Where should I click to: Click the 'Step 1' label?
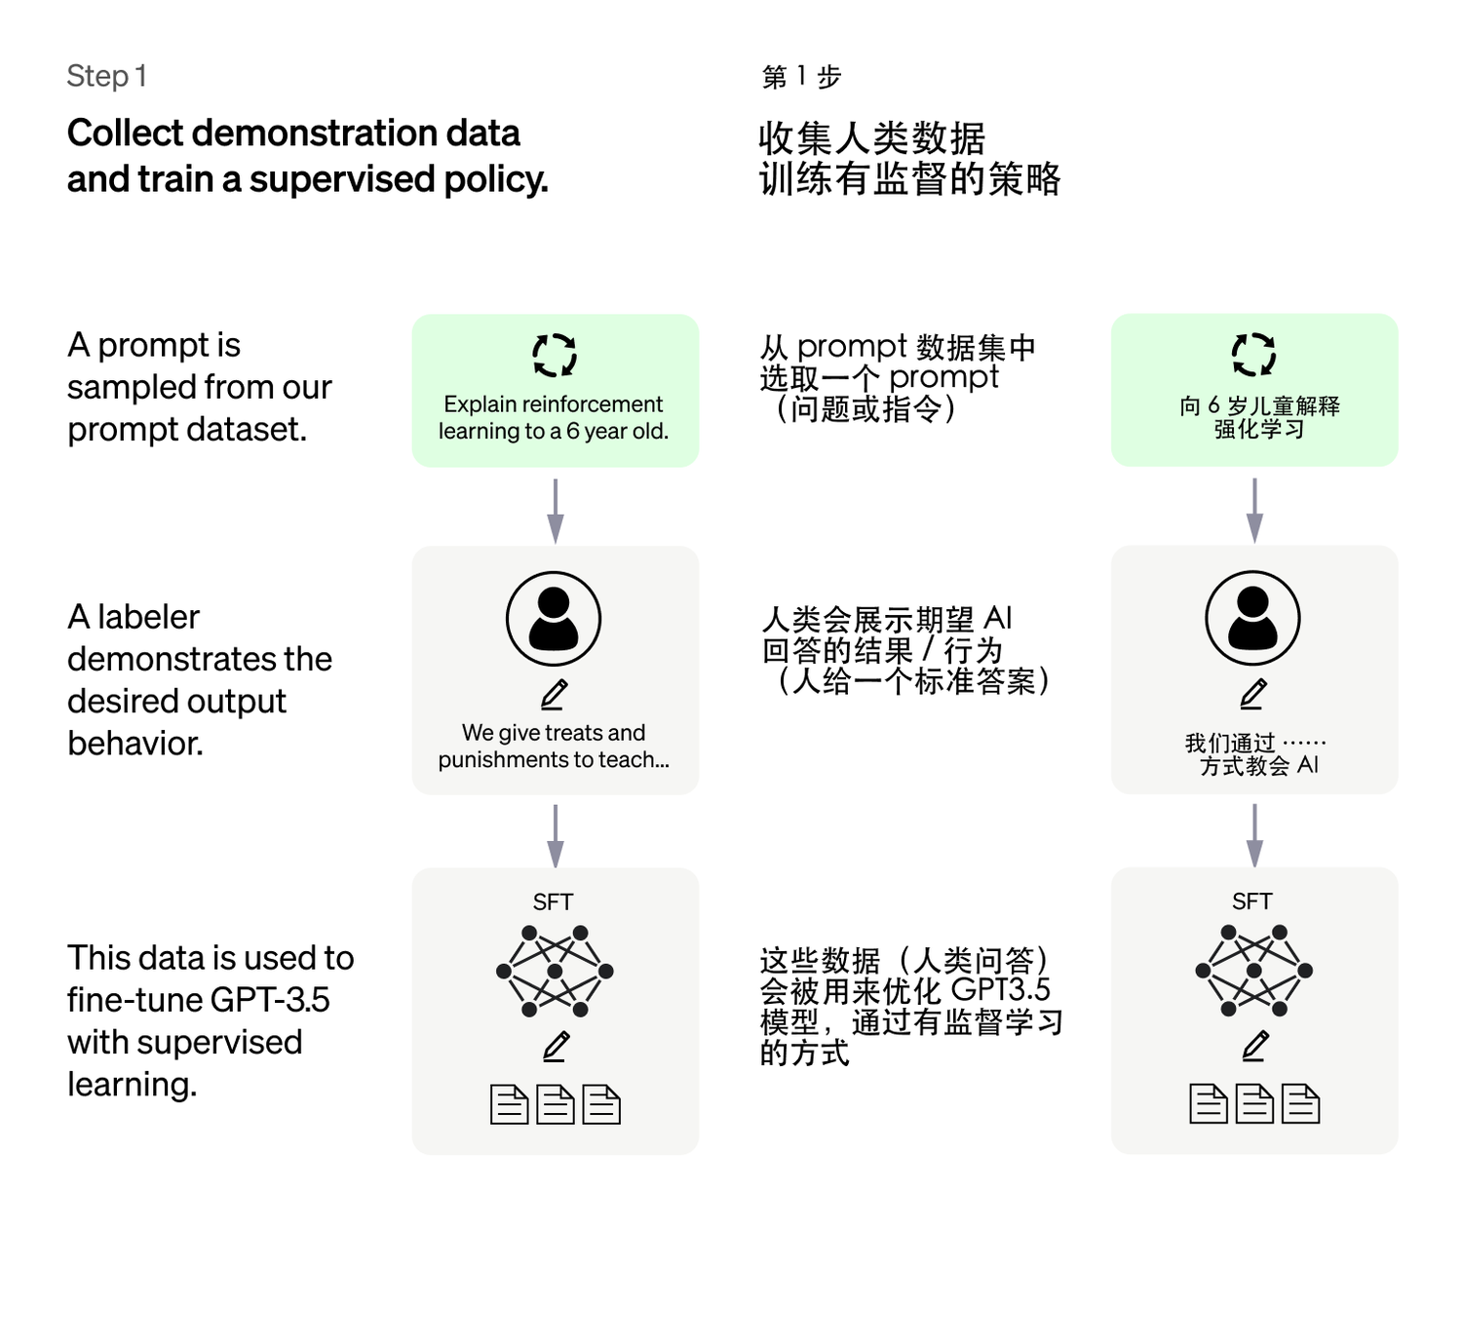tap(106, 76)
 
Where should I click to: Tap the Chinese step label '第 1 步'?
tap(801, 77)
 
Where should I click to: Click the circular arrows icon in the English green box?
tap(555, 355)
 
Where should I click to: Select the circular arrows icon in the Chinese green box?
tap(1253, 354)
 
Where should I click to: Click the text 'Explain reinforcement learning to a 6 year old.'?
tap(554, 417)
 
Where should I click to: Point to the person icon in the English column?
tap(554, 619)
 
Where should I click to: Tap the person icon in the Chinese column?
tap(1252, 618)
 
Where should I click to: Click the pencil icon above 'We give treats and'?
tap(555, 694)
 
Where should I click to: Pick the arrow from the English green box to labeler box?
tap(556, 511)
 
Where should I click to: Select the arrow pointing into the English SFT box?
tap(556, 836)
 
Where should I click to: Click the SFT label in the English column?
tap(554, 902)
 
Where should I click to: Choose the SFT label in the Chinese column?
tap(1252, 901)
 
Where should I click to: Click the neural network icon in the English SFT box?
tap(555, 971)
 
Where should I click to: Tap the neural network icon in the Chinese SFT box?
tap(1253, 970)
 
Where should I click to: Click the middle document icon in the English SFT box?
tap(556, 1105)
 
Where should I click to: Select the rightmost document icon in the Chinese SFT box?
tap(1300, 1104)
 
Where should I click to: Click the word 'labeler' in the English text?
tap(149, 617)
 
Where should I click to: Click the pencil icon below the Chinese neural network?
tap(1253, 1046)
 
